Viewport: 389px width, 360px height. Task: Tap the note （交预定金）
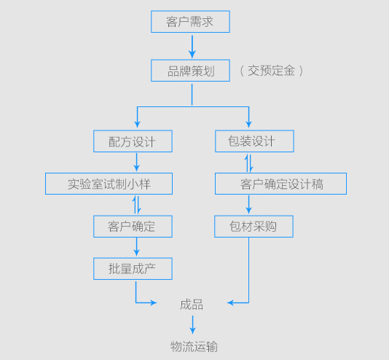click(272, 71)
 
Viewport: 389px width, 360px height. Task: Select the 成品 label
click(192, 305)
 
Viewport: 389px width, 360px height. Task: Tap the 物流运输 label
click(194, 346)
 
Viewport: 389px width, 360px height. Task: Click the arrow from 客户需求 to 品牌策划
click(192, 47)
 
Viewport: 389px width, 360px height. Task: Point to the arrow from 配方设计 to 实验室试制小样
click(136, 163)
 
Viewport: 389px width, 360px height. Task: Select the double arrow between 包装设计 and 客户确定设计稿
click(249, 163)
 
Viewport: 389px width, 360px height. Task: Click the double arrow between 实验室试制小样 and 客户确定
click(136, 205)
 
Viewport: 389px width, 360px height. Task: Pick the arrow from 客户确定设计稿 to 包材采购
click(249, 205)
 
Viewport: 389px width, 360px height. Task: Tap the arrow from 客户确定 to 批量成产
click(136, 247)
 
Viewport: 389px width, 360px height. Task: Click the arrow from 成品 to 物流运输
click(193, 325)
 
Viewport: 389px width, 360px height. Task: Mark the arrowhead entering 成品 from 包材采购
click(230, 302)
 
